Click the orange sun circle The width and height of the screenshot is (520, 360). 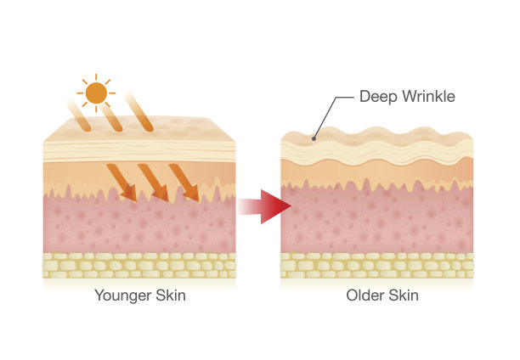[x=96, y=91]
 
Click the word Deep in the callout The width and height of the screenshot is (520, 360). [x=378, y=97]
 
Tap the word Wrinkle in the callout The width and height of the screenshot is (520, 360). [x=428, y=97]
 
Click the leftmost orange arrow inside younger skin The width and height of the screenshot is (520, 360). [x=121, y=183]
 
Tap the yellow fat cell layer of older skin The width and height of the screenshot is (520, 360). [x=376, y=266]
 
